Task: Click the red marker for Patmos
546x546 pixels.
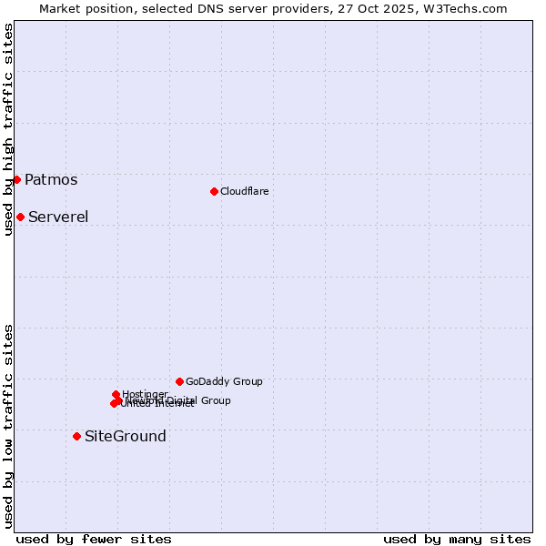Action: point(16,179)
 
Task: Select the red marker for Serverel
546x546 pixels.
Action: point(20,217)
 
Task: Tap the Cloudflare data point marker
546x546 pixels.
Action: point(214,191)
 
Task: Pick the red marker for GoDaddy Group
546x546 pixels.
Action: point(179,381)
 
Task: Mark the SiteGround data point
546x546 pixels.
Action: point(76,436)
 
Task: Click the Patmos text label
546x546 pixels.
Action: point(51,179)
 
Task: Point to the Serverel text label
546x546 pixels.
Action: point(58,217)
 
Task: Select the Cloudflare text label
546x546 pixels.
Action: point(244,191)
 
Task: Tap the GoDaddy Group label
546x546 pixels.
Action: point(224,381)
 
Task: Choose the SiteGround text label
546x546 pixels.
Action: point(126,436)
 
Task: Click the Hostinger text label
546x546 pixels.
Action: point(145,393)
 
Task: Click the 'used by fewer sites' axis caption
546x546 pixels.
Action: point(94,539)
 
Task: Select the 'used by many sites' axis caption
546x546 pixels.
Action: point(457,539)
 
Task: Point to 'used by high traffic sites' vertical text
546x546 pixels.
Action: point(9,129)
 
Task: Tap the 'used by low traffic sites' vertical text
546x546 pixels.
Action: point(9,426)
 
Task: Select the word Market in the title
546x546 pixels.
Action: point(61,8)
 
